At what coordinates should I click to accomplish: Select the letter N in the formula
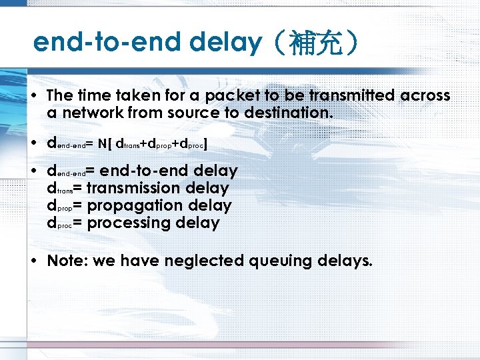click(103, 143)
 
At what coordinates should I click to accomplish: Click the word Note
click(66, 261)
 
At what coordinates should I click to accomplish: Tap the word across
click(425, 96)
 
